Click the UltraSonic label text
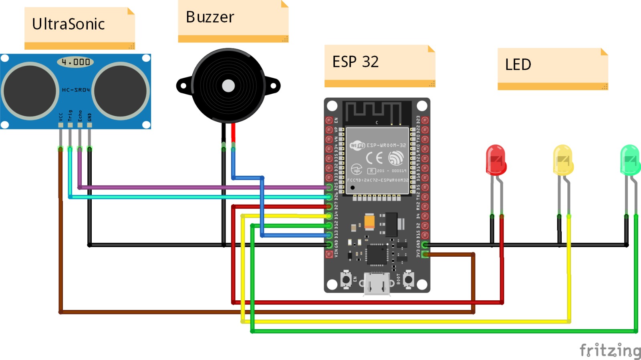[x=69, y=24]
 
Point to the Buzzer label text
[x=210, y=17]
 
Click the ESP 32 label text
[x=355, y=62]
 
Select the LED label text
[x=518, y=64]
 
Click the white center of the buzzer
[x=228, y=86]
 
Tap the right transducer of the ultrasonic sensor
[x=121, y=91]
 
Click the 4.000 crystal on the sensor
[x=75, y=62]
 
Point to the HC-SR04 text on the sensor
[x=76, y=90]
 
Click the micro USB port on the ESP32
[x=377, y=284]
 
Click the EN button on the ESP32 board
[x=346, y=279]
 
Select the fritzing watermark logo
[x=610, y=350]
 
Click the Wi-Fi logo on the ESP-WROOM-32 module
[x=357, y=145]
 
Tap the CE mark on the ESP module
[x=374, y=158]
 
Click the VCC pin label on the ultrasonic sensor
[x=61, y=117]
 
